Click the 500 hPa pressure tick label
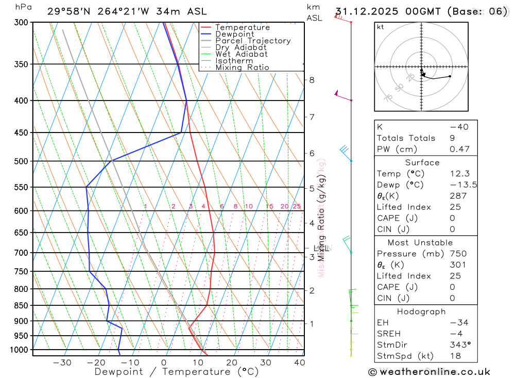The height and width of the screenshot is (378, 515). [22, 161]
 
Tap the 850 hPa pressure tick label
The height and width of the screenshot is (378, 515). [22, 305]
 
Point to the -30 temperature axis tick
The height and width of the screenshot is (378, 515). [62, 363]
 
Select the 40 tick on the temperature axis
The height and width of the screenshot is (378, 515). [299, 363]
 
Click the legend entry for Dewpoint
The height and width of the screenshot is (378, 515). [234, 34]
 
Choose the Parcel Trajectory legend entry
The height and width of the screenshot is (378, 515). [252, 41]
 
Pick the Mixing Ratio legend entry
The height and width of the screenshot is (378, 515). [242, 68]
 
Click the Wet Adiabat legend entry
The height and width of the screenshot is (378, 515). [241, 54]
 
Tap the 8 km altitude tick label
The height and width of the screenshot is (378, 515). [312, 80]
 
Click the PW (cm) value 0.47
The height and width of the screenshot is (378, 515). [459, 149]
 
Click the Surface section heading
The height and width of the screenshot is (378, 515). [422, 162]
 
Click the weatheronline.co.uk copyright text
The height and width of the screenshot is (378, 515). [429, 372]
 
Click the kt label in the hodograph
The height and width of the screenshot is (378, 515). [381, 27]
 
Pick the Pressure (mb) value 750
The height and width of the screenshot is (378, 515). [457, 254]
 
